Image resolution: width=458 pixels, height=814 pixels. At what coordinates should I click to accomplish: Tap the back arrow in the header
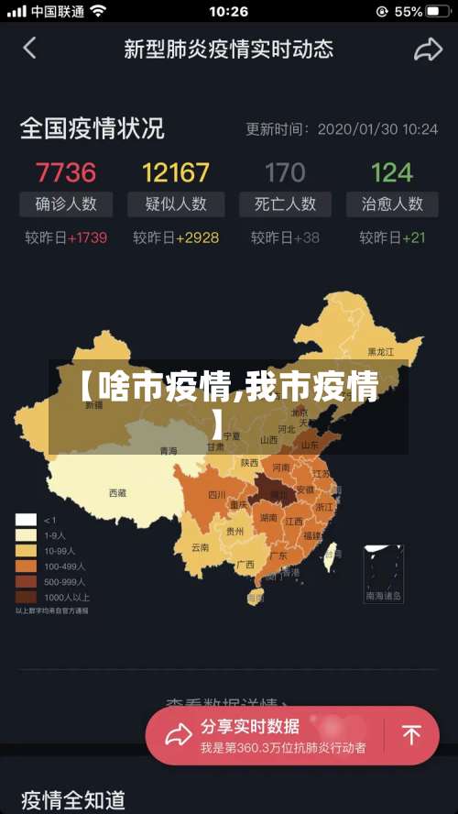click(30, 49)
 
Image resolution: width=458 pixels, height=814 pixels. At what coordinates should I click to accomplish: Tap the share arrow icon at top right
click(428, 49)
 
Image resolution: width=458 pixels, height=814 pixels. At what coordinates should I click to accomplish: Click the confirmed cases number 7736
click(65, 171)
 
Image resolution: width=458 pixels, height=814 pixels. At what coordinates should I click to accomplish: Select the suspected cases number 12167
click(176, 171)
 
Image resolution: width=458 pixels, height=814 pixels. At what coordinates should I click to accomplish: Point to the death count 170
click(285, 171)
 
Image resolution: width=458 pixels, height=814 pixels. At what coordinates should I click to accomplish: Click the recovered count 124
click(392, 171)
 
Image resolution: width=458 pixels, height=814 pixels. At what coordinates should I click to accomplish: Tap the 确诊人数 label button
click(66, 203)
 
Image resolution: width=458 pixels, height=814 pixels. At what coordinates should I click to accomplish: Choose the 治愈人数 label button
click(391, 203)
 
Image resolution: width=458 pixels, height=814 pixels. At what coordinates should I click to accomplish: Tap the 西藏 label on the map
click(117, 493)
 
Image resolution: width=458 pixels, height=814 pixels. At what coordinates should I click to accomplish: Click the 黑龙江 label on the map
click(380, 351)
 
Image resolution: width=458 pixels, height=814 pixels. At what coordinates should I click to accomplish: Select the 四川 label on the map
click(216, 495)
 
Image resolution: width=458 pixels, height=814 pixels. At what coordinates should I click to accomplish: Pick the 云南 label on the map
click(200, 547)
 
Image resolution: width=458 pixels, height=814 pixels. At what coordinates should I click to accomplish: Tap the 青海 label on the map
click(169, 451)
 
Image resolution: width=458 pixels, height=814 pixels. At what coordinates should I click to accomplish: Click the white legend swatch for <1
click(26, 520)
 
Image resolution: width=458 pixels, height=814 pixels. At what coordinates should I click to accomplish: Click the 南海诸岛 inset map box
click(384, 574)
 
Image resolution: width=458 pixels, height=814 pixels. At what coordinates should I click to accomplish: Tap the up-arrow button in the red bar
click(412, 735)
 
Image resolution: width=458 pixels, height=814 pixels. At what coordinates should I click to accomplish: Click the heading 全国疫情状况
click(92, 128)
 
